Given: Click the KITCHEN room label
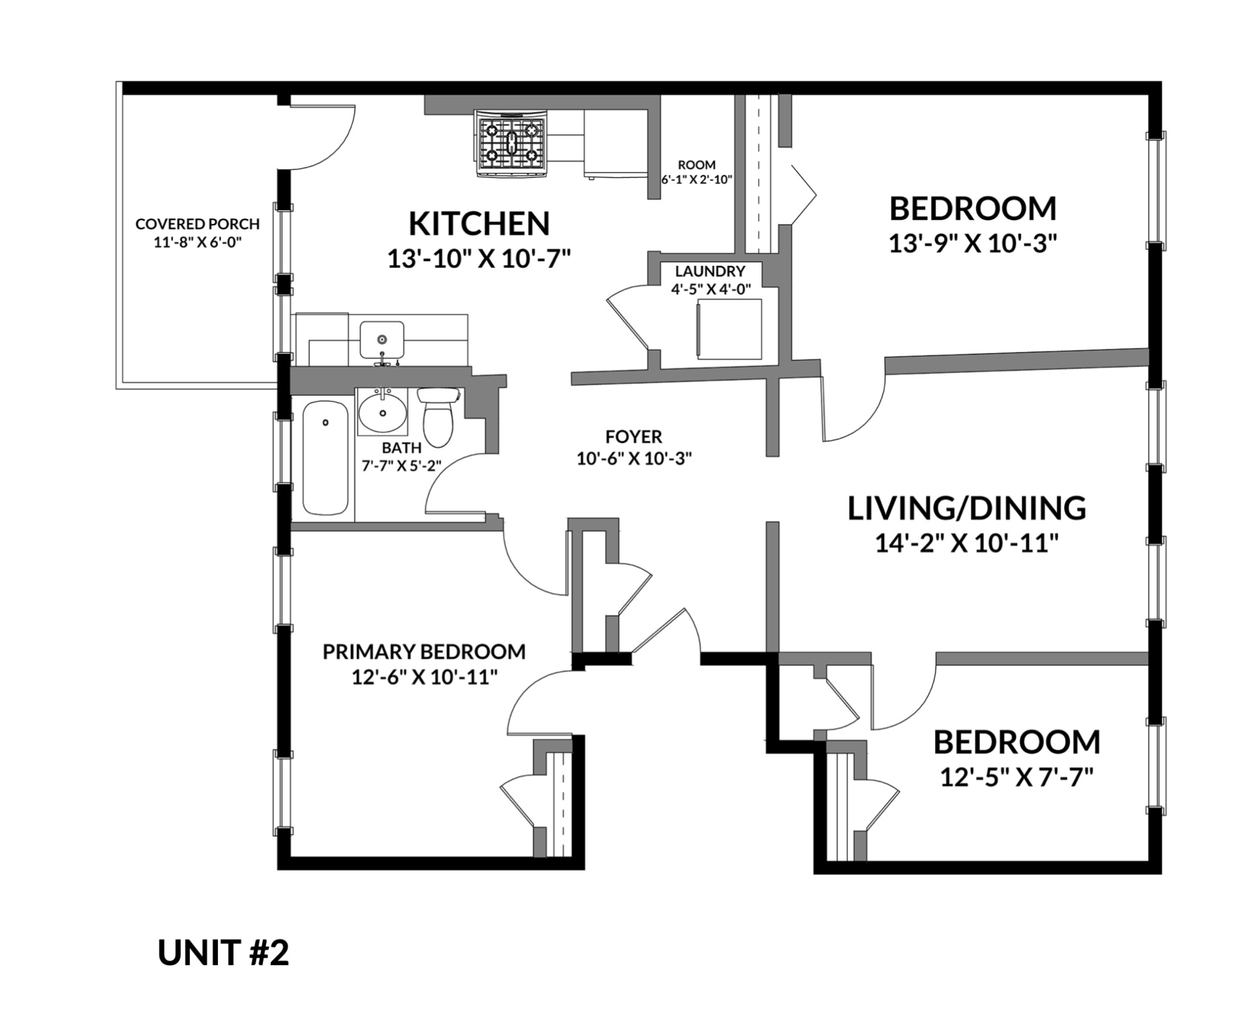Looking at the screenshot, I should tap(479, 223).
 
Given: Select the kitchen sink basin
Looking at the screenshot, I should tap(382, 340).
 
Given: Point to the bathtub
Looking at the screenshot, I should tap(325, 456).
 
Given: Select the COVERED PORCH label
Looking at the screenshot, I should tap(197, 224).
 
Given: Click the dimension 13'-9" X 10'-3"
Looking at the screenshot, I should tap(973, 245).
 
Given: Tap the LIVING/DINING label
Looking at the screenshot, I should tap(966, 508).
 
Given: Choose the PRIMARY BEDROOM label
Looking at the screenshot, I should tap(424, 651).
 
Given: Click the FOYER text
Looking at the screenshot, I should tap(634, 436).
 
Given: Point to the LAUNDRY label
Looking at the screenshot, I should tap(710, 271).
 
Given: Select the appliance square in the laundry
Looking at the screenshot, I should tap(729, 329).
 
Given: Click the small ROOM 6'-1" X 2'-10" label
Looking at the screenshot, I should tap(697, 172).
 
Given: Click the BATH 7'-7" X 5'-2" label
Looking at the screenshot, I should tap(401, 456).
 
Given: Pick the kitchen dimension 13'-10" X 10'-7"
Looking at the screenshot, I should tap(479, 259).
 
